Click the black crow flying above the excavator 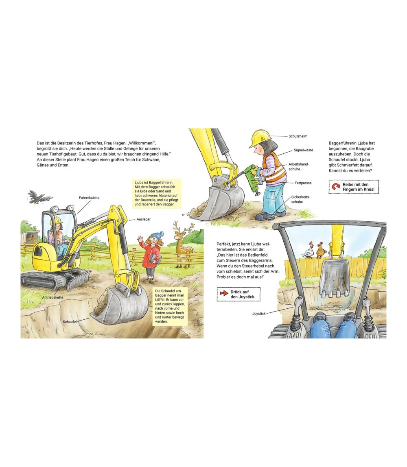click(x=39, y=197)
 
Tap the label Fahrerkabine click(x=89, y=197)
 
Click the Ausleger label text click(x=143, y=219)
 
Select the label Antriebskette click(x=53, y=297)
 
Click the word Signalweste click(x=304, y=150)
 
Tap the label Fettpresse click(x=303, y=183)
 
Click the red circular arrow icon click(x=336, y=187)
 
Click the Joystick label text click(x=259, y=314)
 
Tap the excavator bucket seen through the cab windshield click(x=334, y=279)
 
